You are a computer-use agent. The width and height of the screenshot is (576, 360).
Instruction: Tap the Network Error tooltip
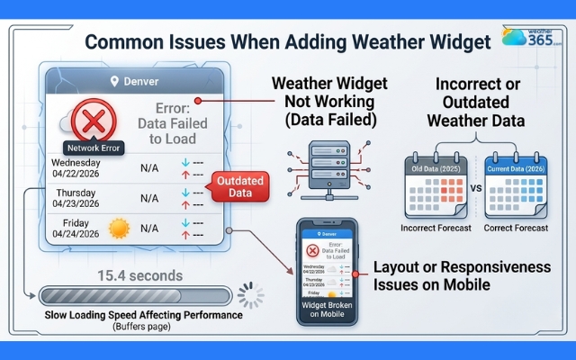click(93, 146)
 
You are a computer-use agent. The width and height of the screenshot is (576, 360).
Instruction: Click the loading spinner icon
click(250, 295)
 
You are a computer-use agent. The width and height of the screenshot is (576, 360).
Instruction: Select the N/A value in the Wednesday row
click(149, 167)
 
